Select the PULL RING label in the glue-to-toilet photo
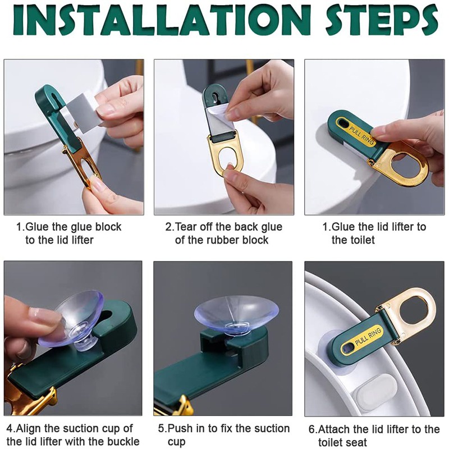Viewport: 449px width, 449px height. tap(361, 135)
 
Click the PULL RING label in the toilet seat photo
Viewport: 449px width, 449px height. tap(368, 337)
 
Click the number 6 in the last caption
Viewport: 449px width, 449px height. tap(312, 429)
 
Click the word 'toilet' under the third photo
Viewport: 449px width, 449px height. tap(353, 240)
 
